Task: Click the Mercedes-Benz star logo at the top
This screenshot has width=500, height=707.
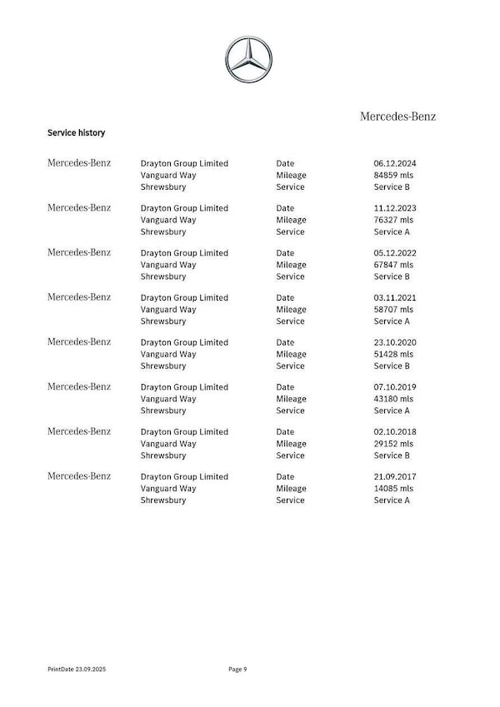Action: [x=248, y=59]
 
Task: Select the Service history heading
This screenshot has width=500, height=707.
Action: [x=76, y=132]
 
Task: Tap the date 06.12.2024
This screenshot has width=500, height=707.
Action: [x=394, y=163]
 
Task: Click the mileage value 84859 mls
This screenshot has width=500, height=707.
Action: [x=393, y=175]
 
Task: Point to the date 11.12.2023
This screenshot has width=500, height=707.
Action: [x=394, y=208]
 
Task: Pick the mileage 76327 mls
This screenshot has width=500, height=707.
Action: [x=393, y=220]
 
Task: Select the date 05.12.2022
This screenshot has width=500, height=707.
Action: [x=394, y=253]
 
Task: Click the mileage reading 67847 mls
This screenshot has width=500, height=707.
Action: [x=393, y=265]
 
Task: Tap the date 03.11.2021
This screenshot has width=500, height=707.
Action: [x=394, y=297]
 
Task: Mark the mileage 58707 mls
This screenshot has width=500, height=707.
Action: [x=393, y=309]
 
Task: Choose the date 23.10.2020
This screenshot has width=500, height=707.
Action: [x=394, y=342]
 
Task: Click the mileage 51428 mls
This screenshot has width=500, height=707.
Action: [x=393, y=354]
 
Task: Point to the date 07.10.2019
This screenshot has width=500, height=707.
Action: [x=394, y=387]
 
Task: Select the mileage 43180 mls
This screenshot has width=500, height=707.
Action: [x=393, y=399]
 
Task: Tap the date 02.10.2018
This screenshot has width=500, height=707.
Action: [x=394, y=432]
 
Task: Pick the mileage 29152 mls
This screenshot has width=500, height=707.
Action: [x=393, y=444]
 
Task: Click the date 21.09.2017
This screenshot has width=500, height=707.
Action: [x=394, y=477]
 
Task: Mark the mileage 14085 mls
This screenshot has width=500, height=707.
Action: [x=393, y=489]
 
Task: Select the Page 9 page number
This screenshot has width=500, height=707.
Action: [x=237, y=669]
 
